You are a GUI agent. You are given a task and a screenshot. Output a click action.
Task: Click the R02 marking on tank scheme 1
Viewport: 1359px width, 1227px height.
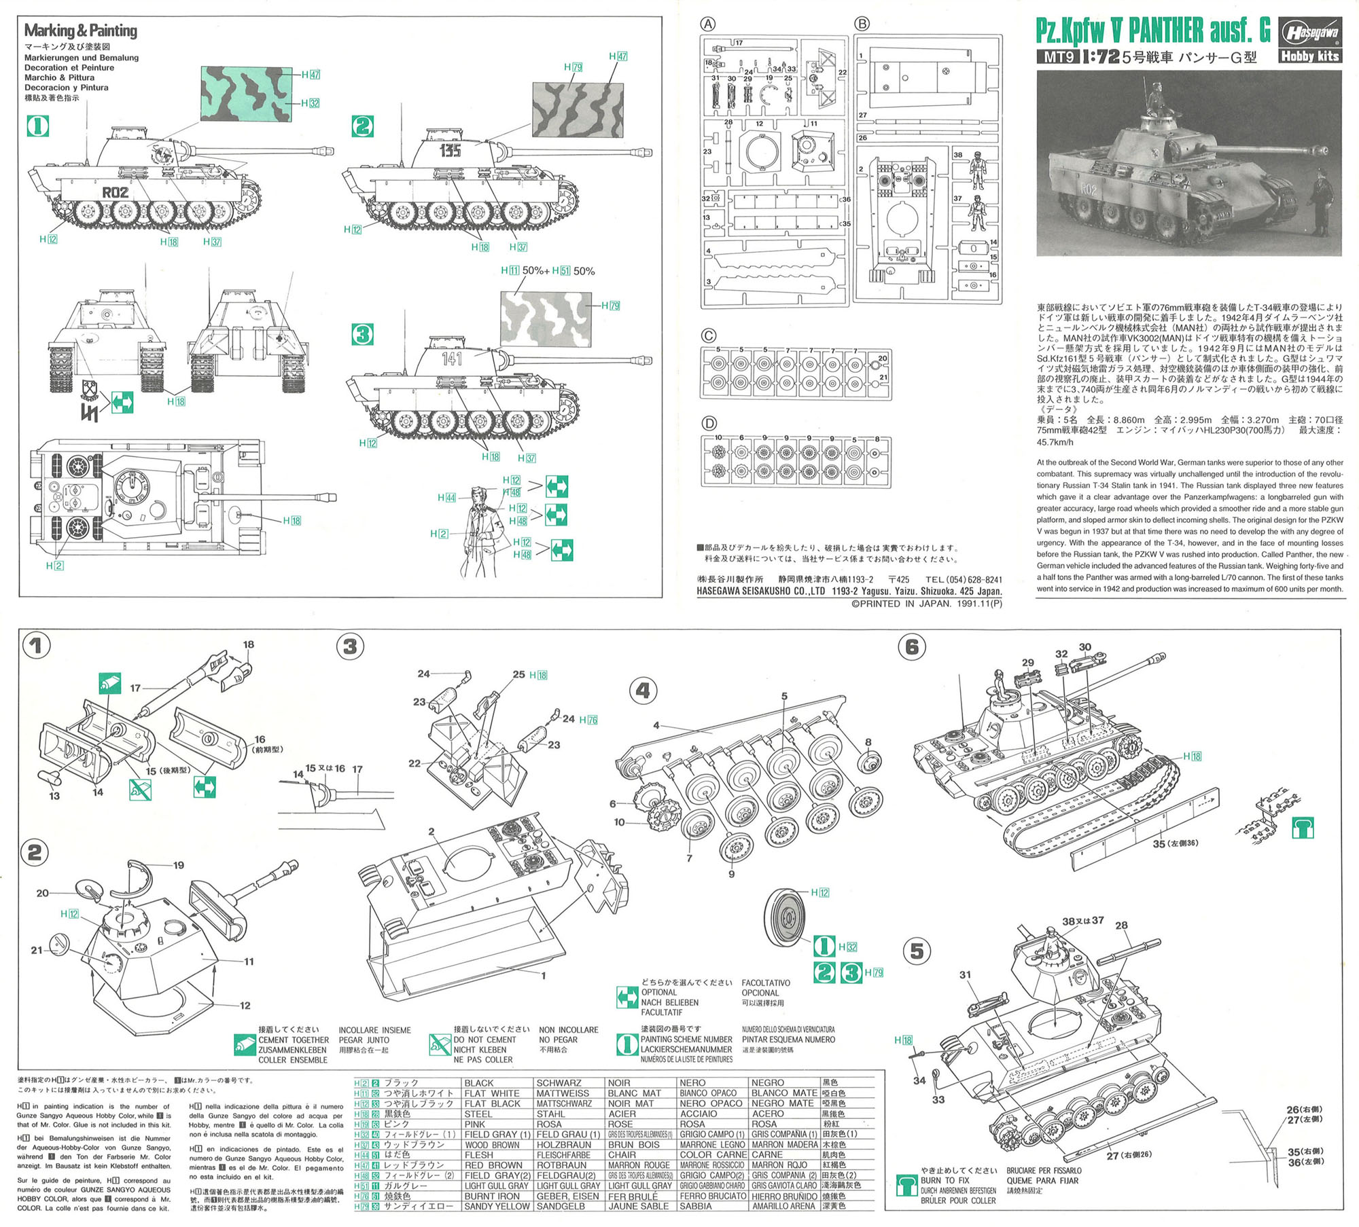coord(116,192)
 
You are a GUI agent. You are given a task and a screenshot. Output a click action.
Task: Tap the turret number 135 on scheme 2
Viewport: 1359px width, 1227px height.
coord(450,150)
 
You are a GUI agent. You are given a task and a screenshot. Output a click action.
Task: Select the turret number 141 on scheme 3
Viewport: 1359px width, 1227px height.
coord(452,358)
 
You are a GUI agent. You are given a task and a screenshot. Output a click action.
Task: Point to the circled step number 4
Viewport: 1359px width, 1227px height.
coord(643,691)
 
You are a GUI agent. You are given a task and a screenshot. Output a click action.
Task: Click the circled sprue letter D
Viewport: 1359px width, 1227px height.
coord(709,424)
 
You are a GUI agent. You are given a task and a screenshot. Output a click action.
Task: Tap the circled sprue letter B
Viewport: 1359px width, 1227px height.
coord(862,24)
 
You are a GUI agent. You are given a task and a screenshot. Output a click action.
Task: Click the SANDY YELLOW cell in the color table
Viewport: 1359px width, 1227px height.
coord(497,1206)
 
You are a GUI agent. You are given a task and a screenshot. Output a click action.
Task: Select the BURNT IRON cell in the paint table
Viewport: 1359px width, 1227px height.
coord(493,1196)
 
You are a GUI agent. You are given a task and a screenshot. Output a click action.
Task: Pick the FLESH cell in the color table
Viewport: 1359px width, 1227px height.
coord(479,1154)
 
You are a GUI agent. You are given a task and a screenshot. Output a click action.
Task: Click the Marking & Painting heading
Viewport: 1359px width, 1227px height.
coord(80,31)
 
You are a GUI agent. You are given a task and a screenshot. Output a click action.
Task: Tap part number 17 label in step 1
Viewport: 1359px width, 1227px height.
coord(135,688)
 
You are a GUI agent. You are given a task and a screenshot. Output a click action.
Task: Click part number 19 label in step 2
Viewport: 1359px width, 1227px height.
coord(178,865)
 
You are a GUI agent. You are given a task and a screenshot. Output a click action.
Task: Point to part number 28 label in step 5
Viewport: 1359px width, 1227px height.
coord(1121,925)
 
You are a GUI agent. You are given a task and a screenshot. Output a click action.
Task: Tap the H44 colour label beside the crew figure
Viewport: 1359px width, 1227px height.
coord(446,498)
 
